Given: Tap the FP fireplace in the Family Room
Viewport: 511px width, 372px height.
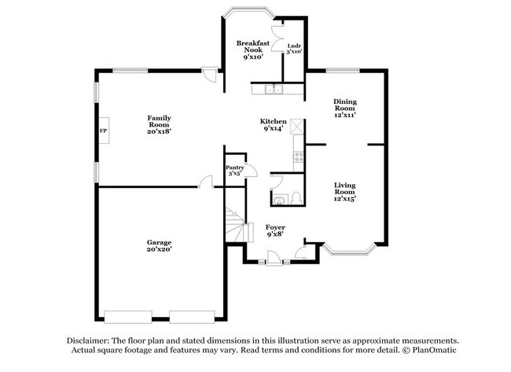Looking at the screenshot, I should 103,131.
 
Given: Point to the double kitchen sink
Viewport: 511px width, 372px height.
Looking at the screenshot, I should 274,90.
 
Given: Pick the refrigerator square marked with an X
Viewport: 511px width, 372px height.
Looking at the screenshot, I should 297,126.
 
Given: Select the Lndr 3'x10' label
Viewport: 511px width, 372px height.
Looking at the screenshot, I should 294,49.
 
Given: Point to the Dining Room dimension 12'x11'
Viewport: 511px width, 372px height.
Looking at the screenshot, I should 344,114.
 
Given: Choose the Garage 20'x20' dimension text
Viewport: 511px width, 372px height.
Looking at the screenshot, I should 158,249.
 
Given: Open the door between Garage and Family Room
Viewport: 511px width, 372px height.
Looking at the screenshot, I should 206,182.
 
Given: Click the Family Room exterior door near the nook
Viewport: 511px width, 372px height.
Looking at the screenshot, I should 208,75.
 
